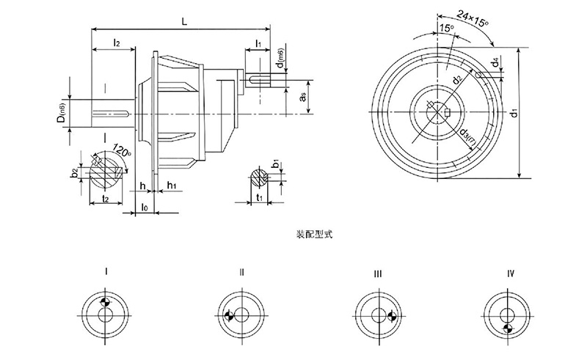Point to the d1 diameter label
coord(515,112)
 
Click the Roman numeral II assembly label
coord(241,273)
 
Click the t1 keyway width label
coord(261,198)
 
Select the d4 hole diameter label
coord(497,63)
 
